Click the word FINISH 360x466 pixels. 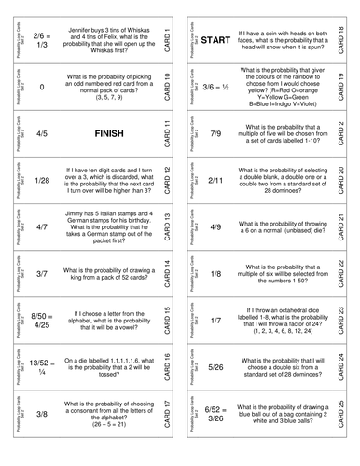[104, 133]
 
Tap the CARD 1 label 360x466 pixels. [167, 40]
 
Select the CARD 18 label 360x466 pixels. [340, 40]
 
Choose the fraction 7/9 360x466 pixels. [215, 133]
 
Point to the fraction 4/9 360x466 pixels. [215, 226]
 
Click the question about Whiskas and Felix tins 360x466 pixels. [104, 40]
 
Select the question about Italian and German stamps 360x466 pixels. [104, 226]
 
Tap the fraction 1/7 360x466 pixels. [215, 320]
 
